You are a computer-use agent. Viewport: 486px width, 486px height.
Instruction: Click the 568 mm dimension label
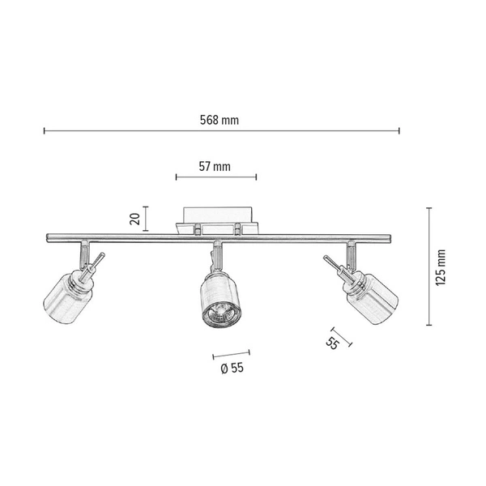click(x=220, y=120)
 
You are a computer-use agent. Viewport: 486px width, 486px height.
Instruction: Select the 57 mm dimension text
click(x=215, y=166)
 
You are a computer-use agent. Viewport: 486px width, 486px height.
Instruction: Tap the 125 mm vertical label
click(x=441, y=267)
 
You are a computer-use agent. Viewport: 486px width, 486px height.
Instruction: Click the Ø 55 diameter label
click(x=232, y=367)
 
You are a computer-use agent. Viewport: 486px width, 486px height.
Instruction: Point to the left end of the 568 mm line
click(x=45, y=130)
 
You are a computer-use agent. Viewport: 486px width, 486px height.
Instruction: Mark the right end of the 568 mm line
click(x=399, y=130)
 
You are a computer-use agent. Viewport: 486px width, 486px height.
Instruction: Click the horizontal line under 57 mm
click(x=215, y=177)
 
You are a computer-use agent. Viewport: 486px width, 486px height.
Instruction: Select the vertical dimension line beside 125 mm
click(x=428, y=267)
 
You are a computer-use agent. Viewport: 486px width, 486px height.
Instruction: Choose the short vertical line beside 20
click(x=146, y=217)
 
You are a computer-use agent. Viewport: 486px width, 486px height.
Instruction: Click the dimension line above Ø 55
click(x=231, y=353)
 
